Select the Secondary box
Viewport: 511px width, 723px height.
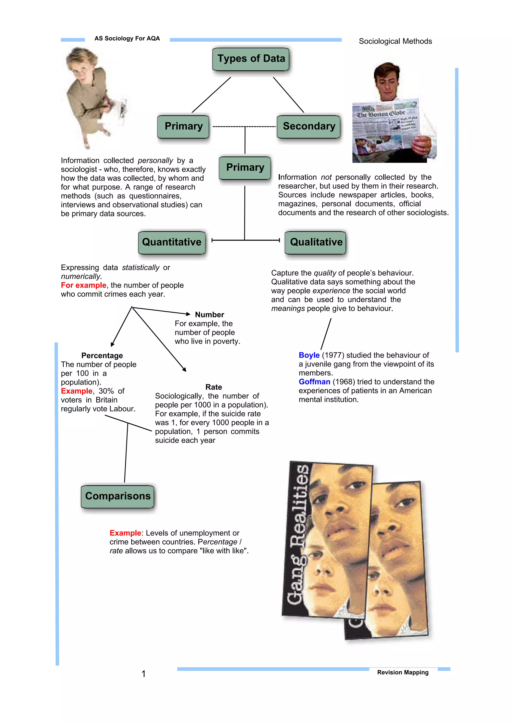(x=309, y=126)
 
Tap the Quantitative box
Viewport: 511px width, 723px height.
(x=172, y=242)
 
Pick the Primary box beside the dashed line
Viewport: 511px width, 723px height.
(x=183, y=126)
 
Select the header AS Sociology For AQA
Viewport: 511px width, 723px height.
(x=127, y=38)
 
